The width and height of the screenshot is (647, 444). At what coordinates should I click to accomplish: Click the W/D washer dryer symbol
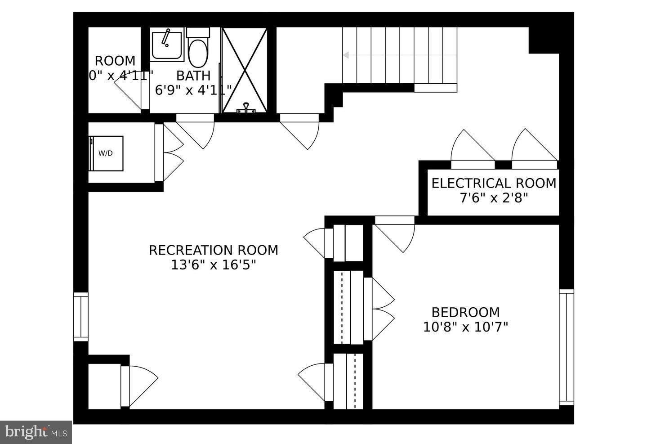[x=106, y=153]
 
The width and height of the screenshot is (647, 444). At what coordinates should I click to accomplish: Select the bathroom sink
[x=167, y=45]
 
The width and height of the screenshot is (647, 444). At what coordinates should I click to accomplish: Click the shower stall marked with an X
[x=245, y=70]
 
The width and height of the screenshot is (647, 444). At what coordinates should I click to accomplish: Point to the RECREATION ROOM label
[x=213, y=250]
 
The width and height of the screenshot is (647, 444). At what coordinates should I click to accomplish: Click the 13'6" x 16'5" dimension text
[x=213, y=265]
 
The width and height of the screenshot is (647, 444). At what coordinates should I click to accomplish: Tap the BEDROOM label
[x=465, y=312]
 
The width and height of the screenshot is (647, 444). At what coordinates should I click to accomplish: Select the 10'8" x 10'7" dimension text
[x=465, y=327]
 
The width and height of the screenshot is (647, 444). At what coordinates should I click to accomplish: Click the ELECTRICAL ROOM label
[x=494, y=184]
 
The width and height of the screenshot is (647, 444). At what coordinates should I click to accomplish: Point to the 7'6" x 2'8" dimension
[x=494, y=198]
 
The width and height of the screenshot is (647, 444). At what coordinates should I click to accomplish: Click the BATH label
[x=193, y=76]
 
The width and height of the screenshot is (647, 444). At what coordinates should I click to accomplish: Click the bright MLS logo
[x=36, y=432]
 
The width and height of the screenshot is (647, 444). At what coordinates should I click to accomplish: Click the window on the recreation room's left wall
[x=81, y=317]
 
